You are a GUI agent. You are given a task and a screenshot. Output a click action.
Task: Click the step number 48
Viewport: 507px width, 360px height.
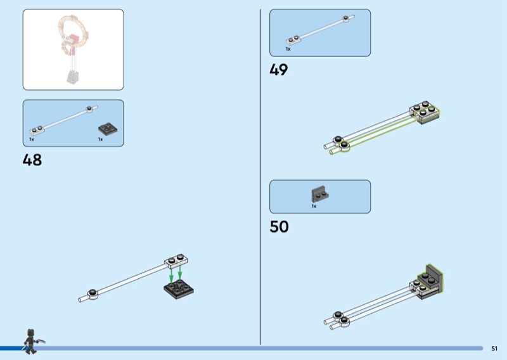[32, 160]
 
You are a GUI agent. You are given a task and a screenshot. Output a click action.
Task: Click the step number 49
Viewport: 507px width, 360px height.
[279, 70]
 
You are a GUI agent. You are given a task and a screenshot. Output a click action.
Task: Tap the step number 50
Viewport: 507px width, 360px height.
[279, 227]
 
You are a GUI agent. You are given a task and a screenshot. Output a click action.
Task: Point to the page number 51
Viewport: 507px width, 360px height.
[494, 348]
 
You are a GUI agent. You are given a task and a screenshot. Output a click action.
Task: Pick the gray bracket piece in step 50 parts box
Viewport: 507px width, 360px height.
[318, 194]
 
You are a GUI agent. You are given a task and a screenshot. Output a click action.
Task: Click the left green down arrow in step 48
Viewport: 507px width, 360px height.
[171, 277]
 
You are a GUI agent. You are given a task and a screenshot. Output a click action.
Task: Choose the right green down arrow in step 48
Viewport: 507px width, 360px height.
[181, 274]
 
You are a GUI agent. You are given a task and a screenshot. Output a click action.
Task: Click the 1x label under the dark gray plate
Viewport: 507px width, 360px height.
[100, 139]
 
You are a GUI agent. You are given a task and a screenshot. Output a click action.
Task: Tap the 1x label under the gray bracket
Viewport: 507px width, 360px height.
[314, 206]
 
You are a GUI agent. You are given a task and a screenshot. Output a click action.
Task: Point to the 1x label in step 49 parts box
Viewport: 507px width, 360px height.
[288, 49]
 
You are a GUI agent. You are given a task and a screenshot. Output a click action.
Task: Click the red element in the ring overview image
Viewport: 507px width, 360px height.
[74, 40]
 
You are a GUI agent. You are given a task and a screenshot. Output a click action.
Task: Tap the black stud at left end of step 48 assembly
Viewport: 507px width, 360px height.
[93, 293]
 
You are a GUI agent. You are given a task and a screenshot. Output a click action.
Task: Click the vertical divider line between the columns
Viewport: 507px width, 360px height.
[260, 177]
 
